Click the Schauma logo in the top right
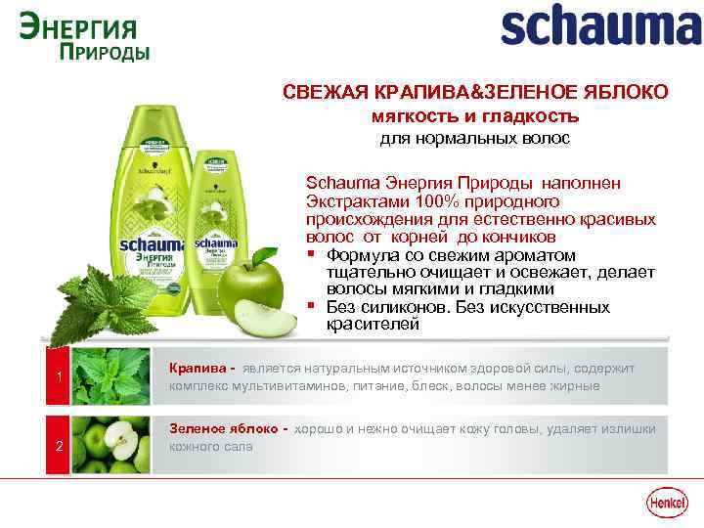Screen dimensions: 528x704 tap(600, 26)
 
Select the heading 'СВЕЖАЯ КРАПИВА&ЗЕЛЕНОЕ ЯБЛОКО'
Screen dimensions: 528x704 tap(475, 92)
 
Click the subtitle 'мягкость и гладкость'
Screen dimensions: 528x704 tap(475, 116)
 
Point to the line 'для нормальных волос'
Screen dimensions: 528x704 tap(475, 139)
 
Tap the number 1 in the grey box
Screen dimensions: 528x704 tap(60, 379)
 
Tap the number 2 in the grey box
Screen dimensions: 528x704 tap(60, 447)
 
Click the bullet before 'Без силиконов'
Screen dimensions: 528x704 tap(311, 308)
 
